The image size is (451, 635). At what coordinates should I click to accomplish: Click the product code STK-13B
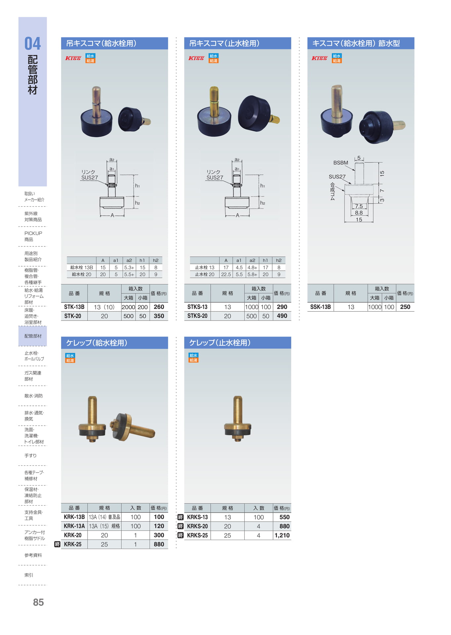pos(74,307)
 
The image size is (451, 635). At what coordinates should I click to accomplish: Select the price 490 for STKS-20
pos(282,316)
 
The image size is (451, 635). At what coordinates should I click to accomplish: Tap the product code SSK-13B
pos(320,307)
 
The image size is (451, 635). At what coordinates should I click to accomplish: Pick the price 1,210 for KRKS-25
pos(282,535)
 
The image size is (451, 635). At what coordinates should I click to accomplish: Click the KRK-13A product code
pos(74,526)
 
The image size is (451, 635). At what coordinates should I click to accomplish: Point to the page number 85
pos(38,602)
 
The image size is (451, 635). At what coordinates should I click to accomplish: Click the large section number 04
pos(33,44)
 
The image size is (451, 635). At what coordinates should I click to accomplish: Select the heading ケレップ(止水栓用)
pos(220,343)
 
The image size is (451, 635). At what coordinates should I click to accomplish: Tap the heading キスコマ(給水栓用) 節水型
pos(356,43)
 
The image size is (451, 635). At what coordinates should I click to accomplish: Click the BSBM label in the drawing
pos(341,163)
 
